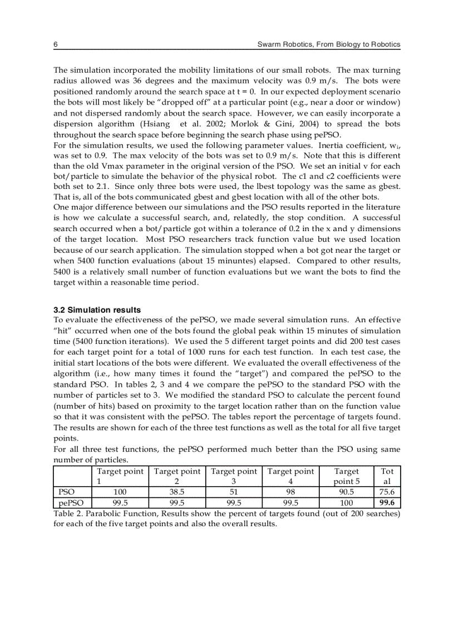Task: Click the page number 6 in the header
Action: tap(56, 44)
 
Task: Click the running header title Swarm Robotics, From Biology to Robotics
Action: tap(329, 44)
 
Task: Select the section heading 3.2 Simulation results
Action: tap(97, 310)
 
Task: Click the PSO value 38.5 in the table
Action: tap(176, 492)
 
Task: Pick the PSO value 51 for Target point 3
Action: tap(234, 492)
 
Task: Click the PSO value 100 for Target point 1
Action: tap(120, 492)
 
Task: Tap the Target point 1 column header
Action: tap(120, 476)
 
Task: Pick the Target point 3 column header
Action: tap(234, 476)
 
